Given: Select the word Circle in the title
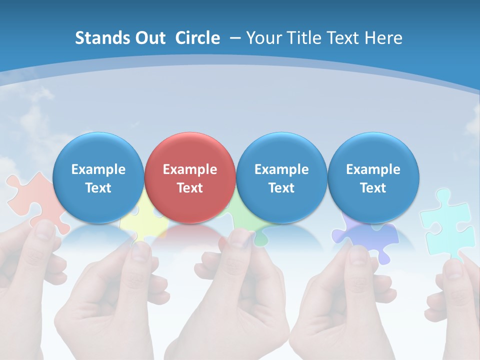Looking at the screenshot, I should [x=197, y=38].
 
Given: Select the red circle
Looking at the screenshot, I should [x=190, y=177].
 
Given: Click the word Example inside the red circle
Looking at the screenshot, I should [x=190, y=169].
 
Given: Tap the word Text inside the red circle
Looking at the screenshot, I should [x=190, y=188].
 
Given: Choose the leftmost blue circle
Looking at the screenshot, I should [x=98, y=177].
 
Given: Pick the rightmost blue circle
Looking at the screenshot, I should [x=373, y=177].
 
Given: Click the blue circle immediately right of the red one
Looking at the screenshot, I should [x=281, y=177].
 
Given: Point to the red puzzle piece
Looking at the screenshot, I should [x=32, y=200].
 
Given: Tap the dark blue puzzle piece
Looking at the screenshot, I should [x=367, y=237].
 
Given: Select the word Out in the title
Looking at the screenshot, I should [x=150, y=38].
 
